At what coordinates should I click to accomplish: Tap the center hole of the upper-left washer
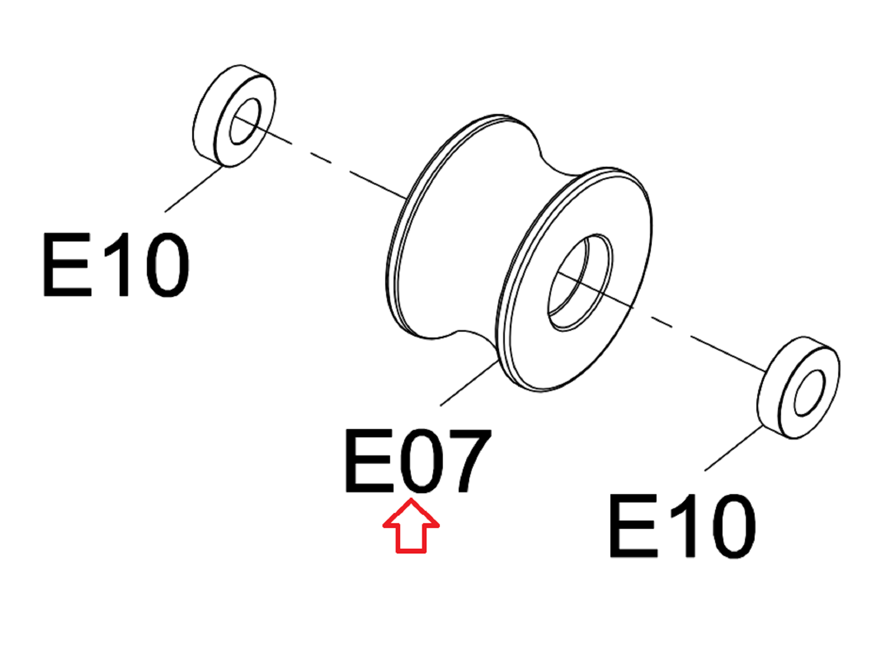click(x=245, y=121)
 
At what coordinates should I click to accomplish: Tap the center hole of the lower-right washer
click(x=809, y=393)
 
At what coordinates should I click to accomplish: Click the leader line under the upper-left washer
click(x=193, y=189)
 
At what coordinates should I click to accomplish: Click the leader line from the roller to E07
click(x=469, y=383)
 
